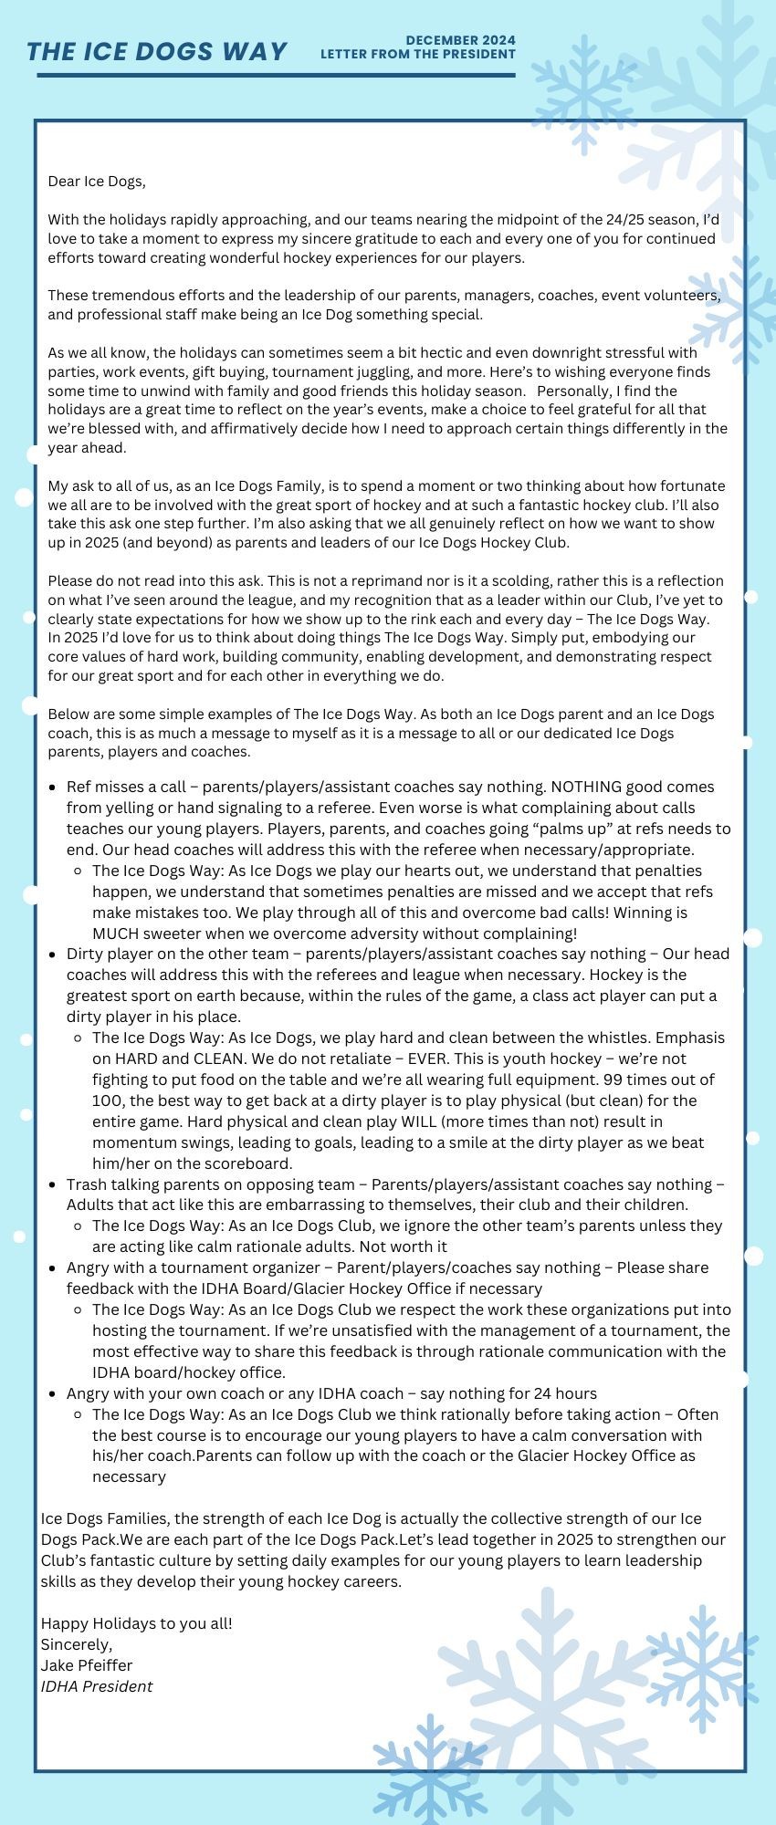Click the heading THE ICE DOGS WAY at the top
(157, 51)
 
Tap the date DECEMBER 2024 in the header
(460, 40)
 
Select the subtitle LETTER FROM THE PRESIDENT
(417, 54)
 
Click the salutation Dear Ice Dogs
(97, 181)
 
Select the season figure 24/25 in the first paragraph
(624, 220)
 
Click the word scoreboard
(252, 1163)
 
